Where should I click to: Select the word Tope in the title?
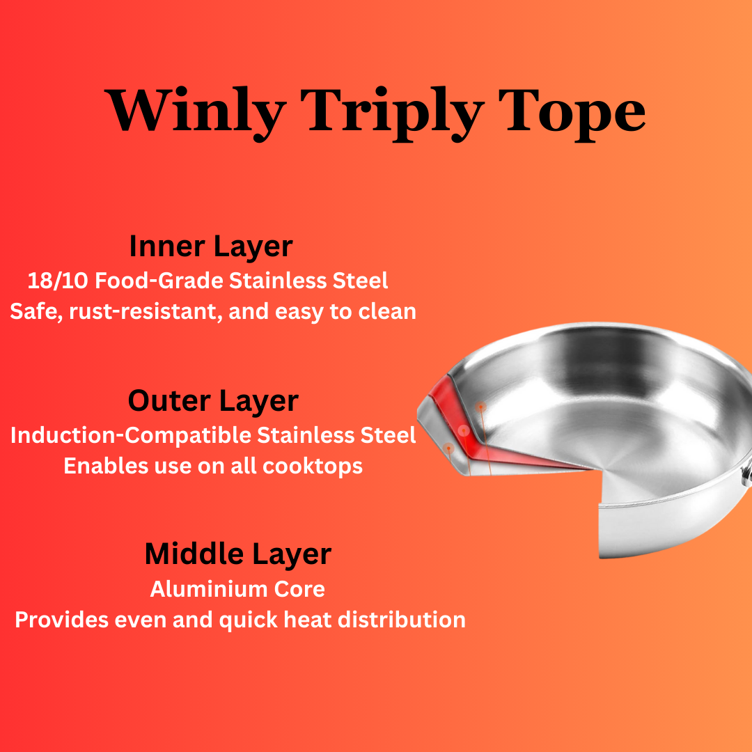pyautogui.click(x=574, y=111)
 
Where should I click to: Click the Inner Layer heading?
pyautogui.click(x=211, y=246)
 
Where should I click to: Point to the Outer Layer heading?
pyautogui.click(x=213, y=401)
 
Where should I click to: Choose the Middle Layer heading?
pyautogui.click(x=237, y=554)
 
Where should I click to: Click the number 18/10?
pyautogui.click(x=58, y=281)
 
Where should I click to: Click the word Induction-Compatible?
pyautogui.click(x=130, y=435)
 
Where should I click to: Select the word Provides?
pyautogui.click(x=58, y=620)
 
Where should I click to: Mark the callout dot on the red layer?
pyautogui.click(x=464, y=431)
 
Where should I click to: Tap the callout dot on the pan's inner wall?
pyautogui.click(x=480, y=406)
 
